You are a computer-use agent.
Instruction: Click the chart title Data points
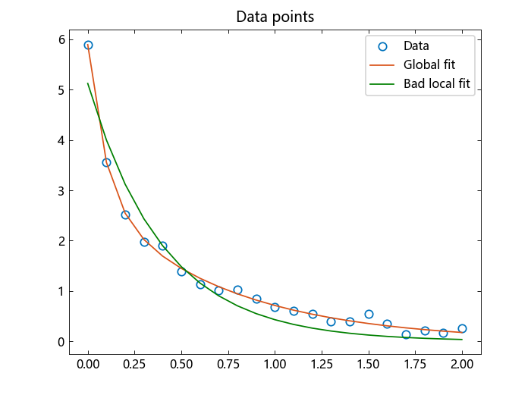pos(275,17)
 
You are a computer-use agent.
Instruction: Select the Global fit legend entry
pos(429,64)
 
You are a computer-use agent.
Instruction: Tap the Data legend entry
pos(416,45)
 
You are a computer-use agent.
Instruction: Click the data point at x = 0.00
pos(88,45)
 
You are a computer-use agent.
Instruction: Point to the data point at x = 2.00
pos(462,328)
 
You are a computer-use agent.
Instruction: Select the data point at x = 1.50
pos(369,314)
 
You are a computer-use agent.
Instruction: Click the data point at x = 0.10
pos(106,162)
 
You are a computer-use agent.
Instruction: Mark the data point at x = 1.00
pos(275,307)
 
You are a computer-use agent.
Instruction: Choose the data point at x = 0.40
pos(162,246)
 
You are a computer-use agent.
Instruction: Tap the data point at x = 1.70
pos(406,334)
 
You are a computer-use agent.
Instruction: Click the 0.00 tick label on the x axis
pos(88,364)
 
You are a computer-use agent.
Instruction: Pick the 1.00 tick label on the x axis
pos(275,364)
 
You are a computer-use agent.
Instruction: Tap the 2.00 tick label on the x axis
pos(462,364)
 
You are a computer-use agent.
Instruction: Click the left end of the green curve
pos(88,83)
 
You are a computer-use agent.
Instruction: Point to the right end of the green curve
pos(462,340)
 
